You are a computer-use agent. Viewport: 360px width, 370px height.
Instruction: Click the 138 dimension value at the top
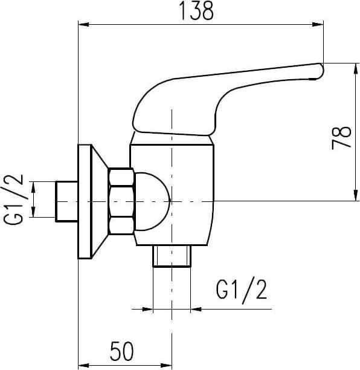pyautogui.click(x=196, y=11)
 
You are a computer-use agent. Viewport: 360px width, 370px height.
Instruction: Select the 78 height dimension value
pyautogui.click(x=342, y=138)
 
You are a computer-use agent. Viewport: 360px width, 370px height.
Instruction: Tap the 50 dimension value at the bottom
pyautogui.click(x=121, y=351)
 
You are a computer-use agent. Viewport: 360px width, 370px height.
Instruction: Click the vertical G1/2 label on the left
pyautogui.click(x=14, y=199)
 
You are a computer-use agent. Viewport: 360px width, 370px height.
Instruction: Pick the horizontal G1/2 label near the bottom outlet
pyautogui.click(x=241, y=291)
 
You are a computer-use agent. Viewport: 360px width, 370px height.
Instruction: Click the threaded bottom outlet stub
pyautogui.click(x=172, y=255)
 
